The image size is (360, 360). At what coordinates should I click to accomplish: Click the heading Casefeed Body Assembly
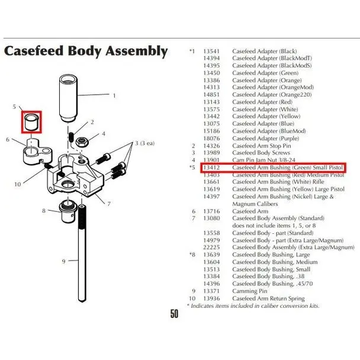(86, 51)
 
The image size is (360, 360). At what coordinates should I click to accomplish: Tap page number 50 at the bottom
(174, 314)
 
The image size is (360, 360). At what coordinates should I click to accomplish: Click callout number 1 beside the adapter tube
(114, 95)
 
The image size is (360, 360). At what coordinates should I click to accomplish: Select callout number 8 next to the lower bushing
(44, 210)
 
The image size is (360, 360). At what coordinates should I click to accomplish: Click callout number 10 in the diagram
(18, 184)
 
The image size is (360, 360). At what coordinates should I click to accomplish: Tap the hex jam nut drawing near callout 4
(83, 142)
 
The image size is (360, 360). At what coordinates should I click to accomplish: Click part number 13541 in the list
(211, 52)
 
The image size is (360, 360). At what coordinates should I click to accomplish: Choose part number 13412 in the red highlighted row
(211, 168)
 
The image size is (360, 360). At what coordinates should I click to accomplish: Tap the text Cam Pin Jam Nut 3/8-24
(264, 160)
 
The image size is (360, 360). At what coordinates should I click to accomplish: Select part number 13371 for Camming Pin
(211, 291)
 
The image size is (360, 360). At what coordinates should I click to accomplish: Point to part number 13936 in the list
(211, 298)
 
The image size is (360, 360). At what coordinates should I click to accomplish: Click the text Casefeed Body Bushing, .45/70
(272, 284)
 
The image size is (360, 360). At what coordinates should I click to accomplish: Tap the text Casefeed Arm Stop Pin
(261, 146)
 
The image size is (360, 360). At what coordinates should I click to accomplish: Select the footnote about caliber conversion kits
(254, 306)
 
